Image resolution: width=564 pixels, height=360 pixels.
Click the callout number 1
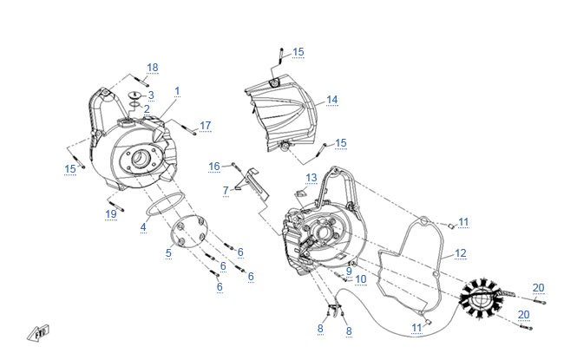[x=177, y=91]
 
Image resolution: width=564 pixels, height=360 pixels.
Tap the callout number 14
[x=332, y=100]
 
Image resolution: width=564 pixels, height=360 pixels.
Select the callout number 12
[x=461, y=253]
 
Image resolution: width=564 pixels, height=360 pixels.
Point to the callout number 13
[x=312, y=178]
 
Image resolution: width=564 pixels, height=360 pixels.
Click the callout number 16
[x=214, y=167]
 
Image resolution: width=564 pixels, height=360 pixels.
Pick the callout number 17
[x=206, y=126]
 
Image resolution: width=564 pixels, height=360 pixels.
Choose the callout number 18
[x=153, y=68]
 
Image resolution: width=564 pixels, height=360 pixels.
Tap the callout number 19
[x=111, y=214]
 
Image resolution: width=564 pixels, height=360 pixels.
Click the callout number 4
[x=143, y=227]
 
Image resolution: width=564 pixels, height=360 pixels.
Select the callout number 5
[x=168, y=253]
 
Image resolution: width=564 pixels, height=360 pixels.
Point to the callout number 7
[x=226, y=190]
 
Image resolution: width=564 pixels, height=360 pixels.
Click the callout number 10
[x=361, y=279]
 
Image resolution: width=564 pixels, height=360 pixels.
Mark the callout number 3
[x=151, y=95]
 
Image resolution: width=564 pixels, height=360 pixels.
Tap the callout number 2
[x=147, y=109]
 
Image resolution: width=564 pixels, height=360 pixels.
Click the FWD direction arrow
[x=38, y=333]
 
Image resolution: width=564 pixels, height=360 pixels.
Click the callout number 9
[x=349, y=271]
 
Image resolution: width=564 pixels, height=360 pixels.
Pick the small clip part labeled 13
[x=300, y=193]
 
